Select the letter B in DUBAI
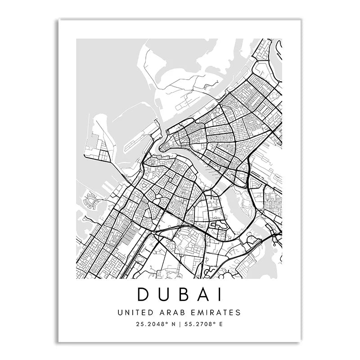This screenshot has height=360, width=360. (x=183, y=294)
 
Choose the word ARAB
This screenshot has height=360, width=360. (x=169, y=312)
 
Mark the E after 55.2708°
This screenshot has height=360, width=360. (x=220, y=323)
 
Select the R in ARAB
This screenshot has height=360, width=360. (x=166, y=312)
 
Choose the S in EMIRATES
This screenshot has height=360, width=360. (x=238, y=312)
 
